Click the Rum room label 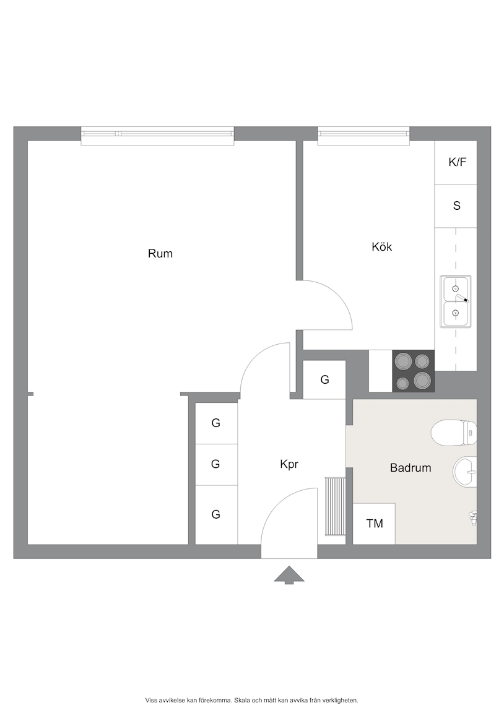tap(160, 253)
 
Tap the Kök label tap(381, 246)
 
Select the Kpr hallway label tap(289, 464)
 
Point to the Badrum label tap(411, 467)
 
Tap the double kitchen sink tap(455, 301)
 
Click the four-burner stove tap(414, 371)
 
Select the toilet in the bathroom tap(453, 433)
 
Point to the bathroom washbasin tap(464, 472)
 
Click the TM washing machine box tap(374, 524)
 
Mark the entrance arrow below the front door tap(289, 575)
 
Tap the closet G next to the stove tap(324, 379)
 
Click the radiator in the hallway tap(335, 506)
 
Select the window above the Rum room tap(157, 136)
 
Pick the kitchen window tap(363, 136)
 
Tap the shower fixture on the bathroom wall tap(473, 517)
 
